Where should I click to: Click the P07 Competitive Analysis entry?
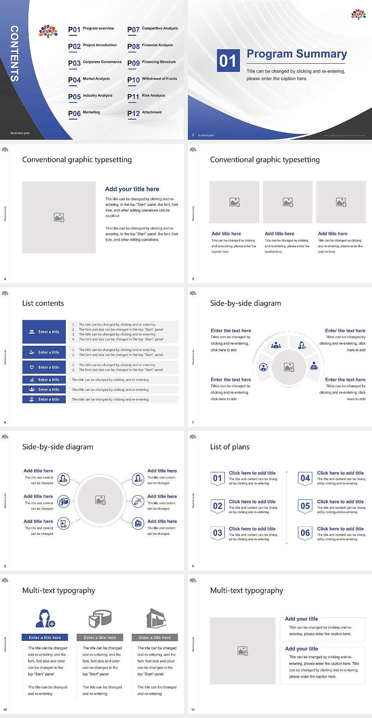pos(153,29)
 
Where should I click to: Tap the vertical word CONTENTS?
pos(14,54)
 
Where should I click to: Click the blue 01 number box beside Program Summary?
pos(228,61)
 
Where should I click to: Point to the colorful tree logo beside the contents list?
pos(48,31)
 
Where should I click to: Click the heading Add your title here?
pos(132,189)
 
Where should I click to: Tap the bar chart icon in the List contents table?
pos(32,380)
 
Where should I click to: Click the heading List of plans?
pos(230,447)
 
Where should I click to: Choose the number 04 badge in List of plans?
pos(305,478)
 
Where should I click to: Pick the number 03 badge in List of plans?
pos(217,533)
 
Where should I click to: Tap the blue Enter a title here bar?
pos(45,637)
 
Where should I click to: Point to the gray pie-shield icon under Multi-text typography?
pos(100,618)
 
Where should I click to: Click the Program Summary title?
pos(297,54)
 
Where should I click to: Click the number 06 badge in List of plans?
pos(305,533)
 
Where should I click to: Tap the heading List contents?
pos(43,303)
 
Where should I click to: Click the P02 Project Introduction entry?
pos(93,46)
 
